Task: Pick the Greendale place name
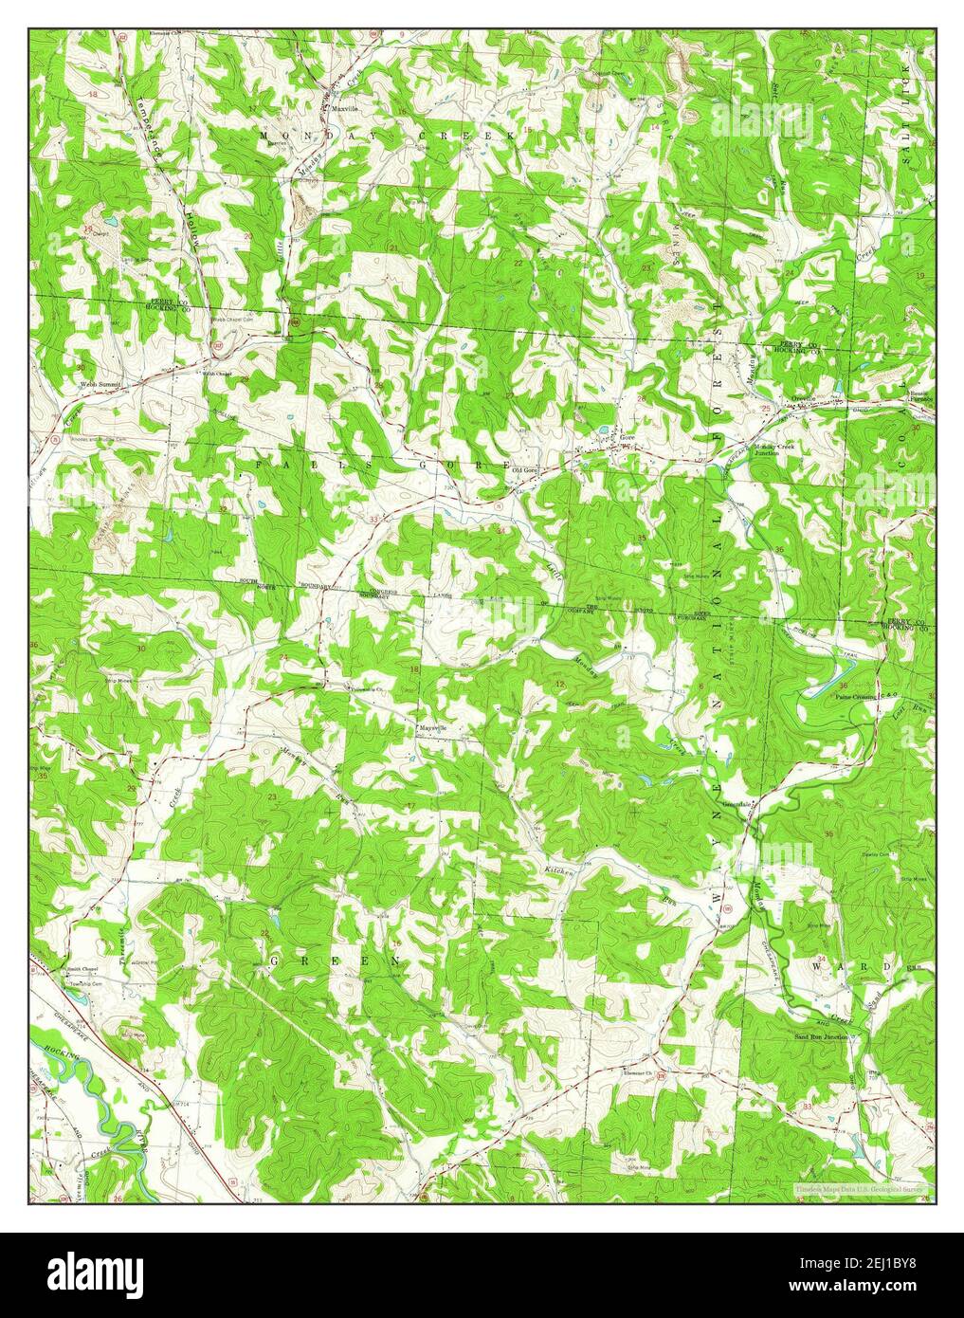737,804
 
